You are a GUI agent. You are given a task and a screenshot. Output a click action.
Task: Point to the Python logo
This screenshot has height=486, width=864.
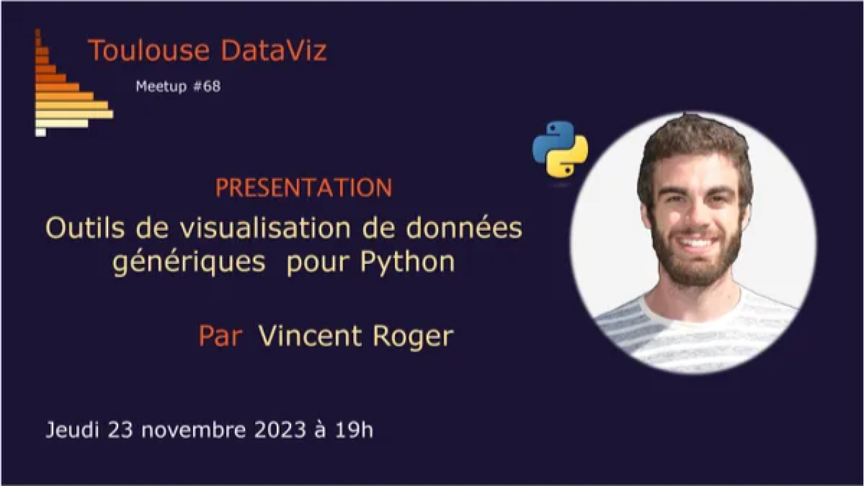coord(560,149)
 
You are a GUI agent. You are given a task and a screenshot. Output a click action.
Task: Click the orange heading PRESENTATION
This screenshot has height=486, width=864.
coord(304,188)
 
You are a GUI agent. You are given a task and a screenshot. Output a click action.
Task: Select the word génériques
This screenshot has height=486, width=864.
coord(188,262)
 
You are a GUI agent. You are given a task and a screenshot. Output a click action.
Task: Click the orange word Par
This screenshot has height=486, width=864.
coord(220,335)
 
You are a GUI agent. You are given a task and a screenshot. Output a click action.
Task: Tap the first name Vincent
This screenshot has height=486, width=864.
coord(310,335)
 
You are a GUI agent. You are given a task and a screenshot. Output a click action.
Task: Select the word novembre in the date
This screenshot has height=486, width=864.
coord(191,430)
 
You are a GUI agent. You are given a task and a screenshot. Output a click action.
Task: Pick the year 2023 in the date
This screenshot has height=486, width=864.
coord(280,430)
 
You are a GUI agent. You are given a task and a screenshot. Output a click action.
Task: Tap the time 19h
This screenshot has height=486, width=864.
coord(354,430)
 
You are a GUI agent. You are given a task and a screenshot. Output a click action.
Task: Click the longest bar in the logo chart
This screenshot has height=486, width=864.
coord(74,114)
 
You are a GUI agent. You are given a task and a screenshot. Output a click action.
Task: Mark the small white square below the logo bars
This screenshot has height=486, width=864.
coord(40,132)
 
